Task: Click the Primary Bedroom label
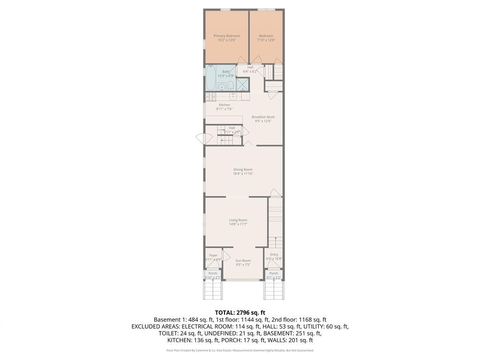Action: pos(226,36)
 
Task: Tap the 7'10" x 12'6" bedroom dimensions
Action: pos(266,40)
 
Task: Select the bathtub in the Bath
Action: pos(210,78)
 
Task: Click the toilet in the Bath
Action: pos(231,85)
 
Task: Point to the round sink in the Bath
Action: pos(222,87)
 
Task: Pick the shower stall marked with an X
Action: pos(243,84)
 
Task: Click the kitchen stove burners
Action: pos(210,97)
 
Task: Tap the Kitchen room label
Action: pos(225,105)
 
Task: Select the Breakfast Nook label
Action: pos(263,117)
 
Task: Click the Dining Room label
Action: pos(243,170)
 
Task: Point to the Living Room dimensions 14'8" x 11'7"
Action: pos(238,224)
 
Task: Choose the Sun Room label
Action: pos(243,261)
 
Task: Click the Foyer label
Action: pos(213,255)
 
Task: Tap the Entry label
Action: pos(274,255)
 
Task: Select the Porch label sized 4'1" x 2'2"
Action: pos(274,273)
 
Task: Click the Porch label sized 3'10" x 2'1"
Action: pos(213,273)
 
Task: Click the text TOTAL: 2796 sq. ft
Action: pos(240,312)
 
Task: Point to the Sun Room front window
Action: pos(242,280)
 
